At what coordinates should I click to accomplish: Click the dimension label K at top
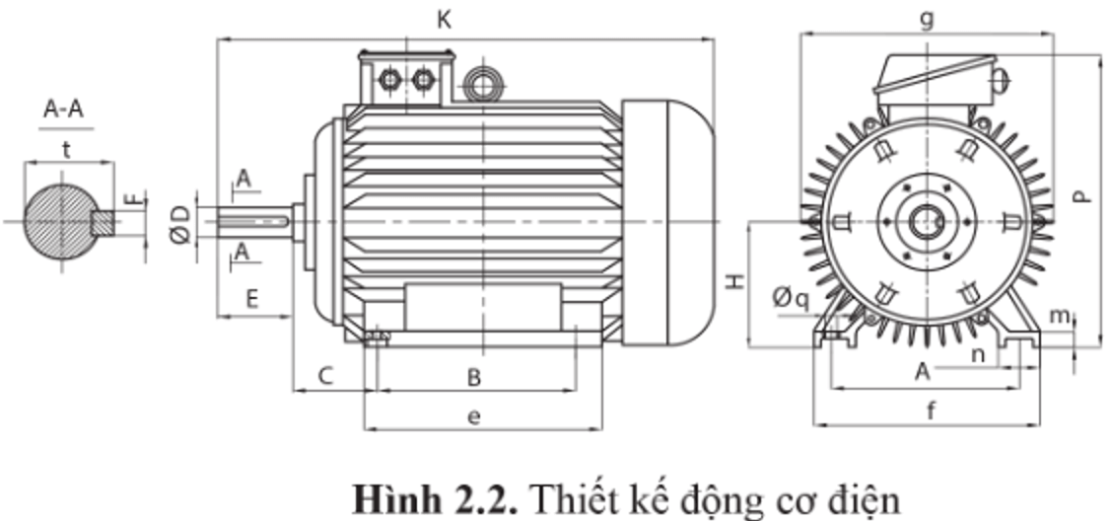(445, 20)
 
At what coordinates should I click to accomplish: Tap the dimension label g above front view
(927, 19)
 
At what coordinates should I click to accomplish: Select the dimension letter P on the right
(1082, 196)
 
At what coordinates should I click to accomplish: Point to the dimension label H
(735, 282)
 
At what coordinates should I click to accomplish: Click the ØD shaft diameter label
(179, 223)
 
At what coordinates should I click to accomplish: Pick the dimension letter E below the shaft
(252, 298)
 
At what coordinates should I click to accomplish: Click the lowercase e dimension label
(474, 417)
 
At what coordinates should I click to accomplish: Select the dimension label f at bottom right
(931, 412)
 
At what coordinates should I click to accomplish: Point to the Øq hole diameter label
(792, 296)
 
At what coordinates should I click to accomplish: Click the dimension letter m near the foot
(1059, 315)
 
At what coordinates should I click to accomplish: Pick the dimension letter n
(979, 353)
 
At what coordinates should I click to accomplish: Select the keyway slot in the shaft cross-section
(104, 222)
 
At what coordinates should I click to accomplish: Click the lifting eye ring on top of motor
(483, 85)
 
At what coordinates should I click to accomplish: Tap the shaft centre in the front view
(926, 221)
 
